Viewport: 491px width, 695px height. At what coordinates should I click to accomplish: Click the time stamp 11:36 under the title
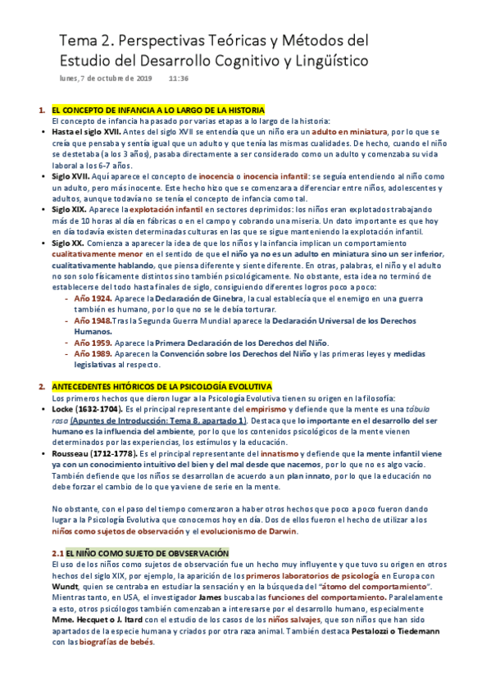(179, 79)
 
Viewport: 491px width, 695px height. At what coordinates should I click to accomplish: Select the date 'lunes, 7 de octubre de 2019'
(106, 79)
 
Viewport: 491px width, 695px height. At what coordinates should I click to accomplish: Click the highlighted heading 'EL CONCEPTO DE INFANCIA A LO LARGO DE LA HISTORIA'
(157, 110)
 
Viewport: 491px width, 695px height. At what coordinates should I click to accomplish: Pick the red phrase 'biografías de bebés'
(111, 643)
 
